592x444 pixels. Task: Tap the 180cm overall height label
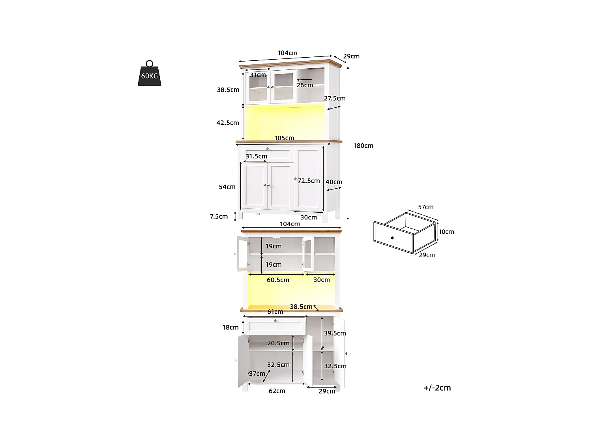point(363,146)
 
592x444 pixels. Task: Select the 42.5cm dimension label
point(228,123)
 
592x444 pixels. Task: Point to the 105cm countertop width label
point(284,138)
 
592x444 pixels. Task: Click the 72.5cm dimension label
point(309,181)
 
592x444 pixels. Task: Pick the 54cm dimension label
point(227,187)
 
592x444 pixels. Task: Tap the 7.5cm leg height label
point(219,216)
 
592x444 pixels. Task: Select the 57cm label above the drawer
point(426,207)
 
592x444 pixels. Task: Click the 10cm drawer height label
point(446,232)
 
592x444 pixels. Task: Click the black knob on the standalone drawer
point(392,238)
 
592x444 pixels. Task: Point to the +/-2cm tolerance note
point(437,388)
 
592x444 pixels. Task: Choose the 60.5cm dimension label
point(278,280)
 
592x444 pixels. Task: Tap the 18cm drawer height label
point(230,327)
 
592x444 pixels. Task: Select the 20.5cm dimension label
point(278,343)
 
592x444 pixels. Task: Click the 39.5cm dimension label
point(335,333)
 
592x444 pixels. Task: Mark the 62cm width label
point(277,391)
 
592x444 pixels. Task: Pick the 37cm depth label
point(257,373)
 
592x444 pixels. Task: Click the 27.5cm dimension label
point(335,98)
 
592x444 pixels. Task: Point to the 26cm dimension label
point(305,85)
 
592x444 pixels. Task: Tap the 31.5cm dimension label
point(256,156)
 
